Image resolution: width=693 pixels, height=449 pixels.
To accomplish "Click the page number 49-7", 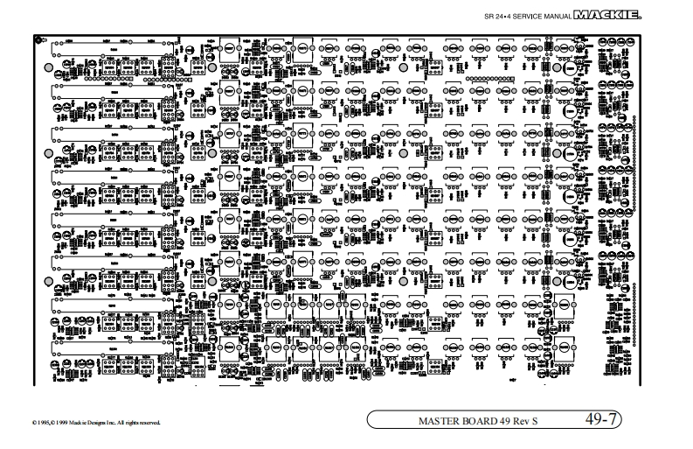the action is [x=603, y=419].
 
